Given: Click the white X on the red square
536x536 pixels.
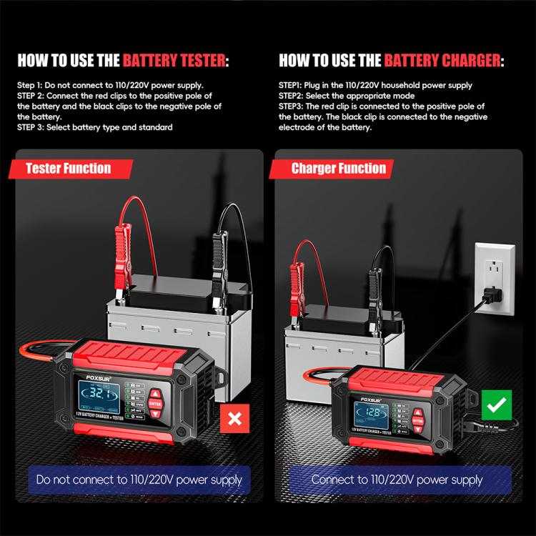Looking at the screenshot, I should pyautogui.click(x=233, y=419).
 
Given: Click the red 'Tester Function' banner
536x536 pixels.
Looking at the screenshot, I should pyautogui.click(x=69, y=169).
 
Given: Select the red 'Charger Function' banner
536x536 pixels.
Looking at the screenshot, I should pyautogui.click(x=338, y=169).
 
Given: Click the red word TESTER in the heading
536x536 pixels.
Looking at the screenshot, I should pyautogui.click(x=192, y=60).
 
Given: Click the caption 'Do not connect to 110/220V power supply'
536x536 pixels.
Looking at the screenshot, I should pyautogui.click(x=139, y=480).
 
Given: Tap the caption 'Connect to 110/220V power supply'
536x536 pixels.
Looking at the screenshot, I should pyautogui.click(x=397, y=480).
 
